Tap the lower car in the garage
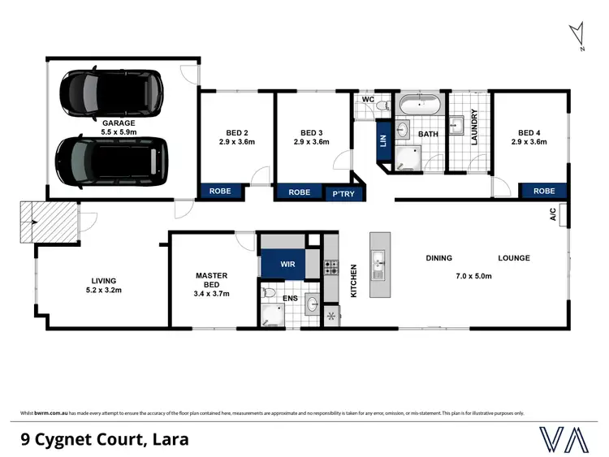111,162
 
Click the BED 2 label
237,133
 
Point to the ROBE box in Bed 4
544,192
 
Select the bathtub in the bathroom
418,105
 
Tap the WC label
367,100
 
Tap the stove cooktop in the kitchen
331,267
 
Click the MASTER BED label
211,280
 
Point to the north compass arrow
577,35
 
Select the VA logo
566,439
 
